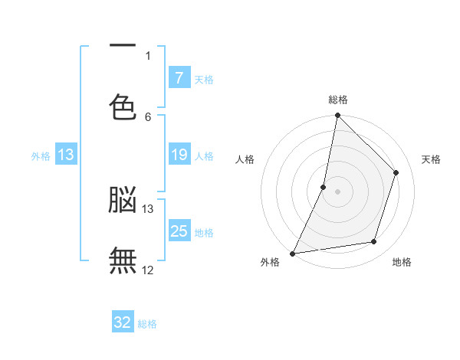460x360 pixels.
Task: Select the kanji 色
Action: click(x=123, y=106)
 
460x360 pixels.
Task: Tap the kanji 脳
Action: click(x=123, y=199)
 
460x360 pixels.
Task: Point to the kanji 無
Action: click(x=123, y=260)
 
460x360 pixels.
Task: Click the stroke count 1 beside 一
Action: click(x=148, y=55)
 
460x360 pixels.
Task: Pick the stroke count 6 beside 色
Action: click(x=148, y=116)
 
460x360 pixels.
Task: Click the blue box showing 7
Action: click(x=179, y=77)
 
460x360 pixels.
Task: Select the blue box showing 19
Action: click(x=179, y=155)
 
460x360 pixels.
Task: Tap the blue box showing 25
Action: click(x=179, y=231)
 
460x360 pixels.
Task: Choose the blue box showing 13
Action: click(x=66, y=155)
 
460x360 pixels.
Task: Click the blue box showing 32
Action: click(x=123, y=322)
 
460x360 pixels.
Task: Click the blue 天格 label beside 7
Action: click(x=204, y=79)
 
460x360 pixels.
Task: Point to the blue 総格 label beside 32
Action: click(x=147, y=324)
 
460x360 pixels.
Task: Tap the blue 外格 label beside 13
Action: click(x=41, y=156)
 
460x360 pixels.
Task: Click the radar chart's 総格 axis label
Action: click(x=338, y=100)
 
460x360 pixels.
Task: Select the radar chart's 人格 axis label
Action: click(x=245, y=159)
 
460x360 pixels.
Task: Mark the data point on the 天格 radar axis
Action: click(x=396, y=172)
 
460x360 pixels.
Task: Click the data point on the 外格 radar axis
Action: click(x=293, y=254)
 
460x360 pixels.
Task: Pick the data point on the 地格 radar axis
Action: click(x=374, y=242)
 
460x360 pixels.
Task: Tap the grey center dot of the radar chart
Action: click(x=337, y=191)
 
